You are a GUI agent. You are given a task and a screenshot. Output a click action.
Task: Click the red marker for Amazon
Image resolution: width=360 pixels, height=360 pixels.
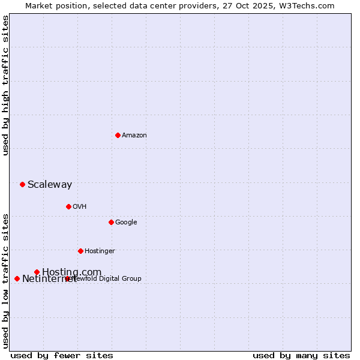pyautogui.click(x=118, y=135)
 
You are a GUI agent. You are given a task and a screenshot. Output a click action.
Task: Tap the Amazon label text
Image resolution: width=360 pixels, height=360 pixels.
pyautogui.click(x=134, y=135)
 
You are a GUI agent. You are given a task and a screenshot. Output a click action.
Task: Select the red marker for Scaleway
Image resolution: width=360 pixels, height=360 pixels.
pyautogui.click(x=22, y=184)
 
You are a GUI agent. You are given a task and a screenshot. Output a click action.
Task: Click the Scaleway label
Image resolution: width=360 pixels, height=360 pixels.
pyautogui.click(x=50, y=184)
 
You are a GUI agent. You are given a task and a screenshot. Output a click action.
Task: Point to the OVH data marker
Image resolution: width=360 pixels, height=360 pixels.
pyautogui.click(x=68, y=206)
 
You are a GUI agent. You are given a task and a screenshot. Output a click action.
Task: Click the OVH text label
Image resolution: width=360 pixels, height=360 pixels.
pyautogui.click(x=80, y=206)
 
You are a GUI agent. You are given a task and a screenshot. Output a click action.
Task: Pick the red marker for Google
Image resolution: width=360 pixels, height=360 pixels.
pyautogui.click(x=111, y=222)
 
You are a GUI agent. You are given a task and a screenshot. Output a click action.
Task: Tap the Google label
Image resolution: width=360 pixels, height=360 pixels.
pyautogui.click(x=126, y=222)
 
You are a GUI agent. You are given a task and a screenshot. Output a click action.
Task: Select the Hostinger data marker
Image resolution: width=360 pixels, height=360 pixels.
pyautogui.click(x=80, y=251)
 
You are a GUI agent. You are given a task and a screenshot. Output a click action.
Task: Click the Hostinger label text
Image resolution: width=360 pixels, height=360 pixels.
pyautogui.click(x=100, y=251)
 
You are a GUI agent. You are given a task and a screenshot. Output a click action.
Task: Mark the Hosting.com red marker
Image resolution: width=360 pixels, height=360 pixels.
pyautogui.click(x=37, y=272)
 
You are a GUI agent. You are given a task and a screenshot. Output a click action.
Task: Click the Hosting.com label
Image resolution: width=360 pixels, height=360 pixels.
pyautogui.click(x=72, y=272)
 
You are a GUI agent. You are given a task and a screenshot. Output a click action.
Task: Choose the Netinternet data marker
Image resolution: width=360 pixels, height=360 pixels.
pyautogui.click(x=17, y=278)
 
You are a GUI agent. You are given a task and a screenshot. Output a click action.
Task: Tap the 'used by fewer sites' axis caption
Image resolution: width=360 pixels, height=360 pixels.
pyautogui.click(x=62, y=355)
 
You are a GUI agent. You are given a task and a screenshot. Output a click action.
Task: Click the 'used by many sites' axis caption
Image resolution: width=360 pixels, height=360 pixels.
pyautogui.click(x=301, y=355)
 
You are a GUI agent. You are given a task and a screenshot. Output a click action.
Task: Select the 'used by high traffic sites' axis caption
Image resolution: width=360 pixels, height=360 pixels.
pyautogui.click(x=5, y=85)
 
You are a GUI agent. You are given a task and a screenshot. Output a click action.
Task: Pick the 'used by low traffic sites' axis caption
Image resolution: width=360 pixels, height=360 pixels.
pyautogui.click(x=5, y=281)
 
